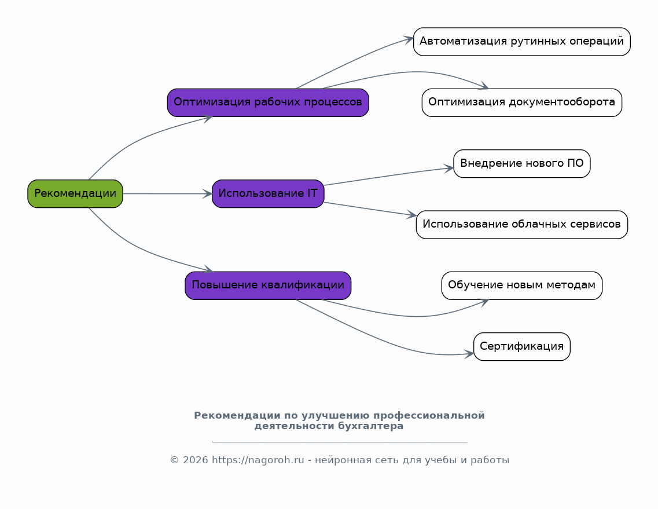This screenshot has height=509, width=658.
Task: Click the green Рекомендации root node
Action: pos(75,193)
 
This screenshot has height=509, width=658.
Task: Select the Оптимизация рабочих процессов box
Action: pos(268,102)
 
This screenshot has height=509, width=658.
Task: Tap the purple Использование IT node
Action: pos(268,193)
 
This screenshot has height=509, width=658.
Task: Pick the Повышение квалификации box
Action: pos(268,285)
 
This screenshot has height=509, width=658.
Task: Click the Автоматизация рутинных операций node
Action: pos(521,42)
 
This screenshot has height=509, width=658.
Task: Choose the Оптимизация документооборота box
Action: pos(521,102)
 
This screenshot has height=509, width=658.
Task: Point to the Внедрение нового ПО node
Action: pos(521,164)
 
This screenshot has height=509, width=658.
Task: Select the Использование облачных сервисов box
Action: pos(521,225)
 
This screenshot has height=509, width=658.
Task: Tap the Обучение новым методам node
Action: pos(521,285)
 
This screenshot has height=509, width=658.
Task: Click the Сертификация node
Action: pos(521,347)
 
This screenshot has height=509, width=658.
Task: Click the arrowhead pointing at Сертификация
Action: pos(469,353)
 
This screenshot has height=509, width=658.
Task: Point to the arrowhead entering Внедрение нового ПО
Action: pos(449,168)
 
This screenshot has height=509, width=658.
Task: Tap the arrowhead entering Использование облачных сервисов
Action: pos(411,215)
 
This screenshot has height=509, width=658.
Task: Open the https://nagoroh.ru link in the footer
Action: pos(258,460)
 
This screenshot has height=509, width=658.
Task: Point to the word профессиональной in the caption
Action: pos(429,416)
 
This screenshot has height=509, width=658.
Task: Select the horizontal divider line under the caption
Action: pos(340,442)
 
